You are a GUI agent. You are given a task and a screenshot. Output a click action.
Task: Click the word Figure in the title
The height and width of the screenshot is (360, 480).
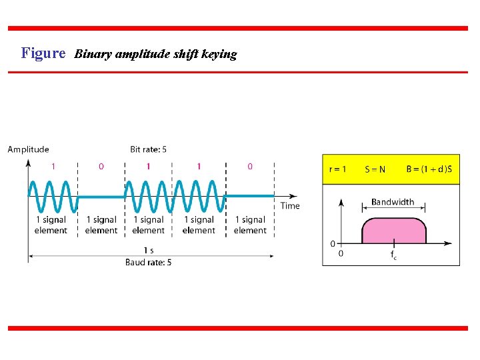(43, 53)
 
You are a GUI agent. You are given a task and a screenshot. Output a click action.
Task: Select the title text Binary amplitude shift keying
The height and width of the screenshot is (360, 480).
(155, 54)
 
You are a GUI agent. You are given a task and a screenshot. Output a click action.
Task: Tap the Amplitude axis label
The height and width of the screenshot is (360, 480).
(28, 149)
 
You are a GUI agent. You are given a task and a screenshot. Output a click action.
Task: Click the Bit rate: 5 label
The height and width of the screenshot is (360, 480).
(149, 149)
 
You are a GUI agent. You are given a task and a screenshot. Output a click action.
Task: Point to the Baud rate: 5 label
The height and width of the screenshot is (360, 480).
(149, 263)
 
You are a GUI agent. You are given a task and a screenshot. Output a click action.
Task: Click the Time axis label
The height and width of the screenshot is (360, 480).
(290, 205)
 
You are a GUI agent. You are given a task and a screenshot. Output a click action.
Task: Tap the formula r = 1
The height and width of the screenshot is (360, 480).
(338, 169)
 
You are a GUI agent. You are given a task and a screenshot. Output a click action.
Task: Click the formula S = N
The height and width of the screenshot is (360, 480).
(375, 169)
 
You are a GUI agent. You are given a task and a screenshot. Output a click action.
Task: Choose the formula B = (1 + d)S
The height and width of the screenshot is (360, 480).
(429, 169)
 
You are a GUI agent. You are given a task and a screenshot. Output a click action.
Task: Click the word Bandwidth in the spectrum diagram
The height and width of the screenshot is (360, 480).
(393, 202)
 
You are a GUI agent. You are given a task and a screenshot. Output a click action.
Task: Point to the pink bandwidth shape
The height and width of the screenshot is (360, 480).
(393, 230)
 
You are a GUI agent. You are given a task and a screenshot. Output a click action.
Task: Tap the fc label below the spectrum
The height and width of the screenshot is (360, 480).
(394, 255)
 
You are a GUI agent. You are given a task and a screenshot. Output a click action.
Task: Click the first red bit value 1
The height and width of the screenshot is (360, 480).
(53, 166)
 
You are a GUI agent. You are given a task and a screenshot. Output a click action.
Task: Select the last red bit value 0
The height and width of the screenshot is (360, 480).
(250, 166)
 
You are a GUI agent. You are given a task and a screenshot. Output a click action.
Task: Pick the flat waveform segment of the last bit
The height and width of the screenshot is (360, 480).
(250, 196)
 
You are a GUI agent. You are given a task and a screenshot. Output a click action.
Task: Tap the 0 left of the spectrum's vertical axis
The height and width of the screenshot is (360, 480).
(333, 243)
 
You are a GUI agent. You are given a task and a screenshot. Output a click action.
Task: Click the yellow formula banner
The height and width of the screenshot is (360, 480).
(391, 169)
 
